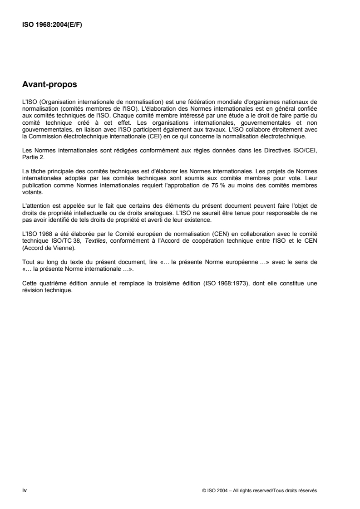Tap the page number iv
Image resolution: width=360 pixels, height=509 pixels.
point(25,490)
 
